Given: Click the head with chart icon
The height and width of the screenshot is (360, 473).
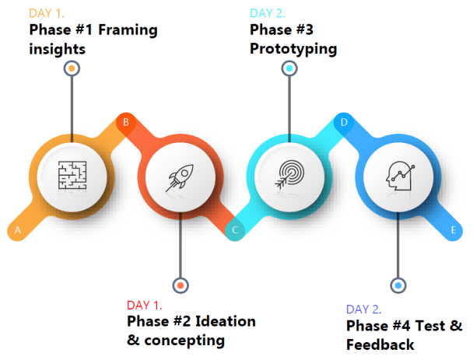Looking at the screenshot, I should (x=398, y=177).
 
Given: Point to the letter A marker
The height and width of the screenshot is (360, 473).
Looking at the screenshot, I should (x=16, y=230).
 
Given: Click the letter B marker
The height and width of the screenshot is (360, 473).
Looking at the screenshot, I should (x=125, y=122).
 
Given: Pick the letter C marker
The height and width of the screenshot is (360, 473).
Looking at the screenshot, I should (x=234, y=230).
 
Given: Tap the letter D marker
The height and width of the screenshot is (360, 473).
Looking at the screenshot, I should (x=343, y=122).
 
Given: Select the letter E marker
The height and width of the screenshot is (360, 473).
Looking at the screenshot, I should (x=453, y=230).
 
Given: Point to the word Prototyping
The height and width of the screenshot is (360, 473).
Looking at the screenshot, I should (x=293, y=49).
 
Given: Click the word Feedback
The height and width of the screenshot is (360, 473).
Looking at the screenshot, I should (x=380, y=344).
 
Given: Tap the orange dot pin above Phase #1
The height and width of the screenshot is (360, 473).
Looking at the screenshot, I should (x=72, y=68).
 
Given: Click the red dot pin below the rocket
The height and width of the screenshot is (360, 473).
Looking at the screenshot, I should (x=180, y=285).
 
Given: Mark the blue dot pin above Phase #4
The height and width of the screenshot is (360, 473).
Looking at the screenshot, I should (x=398, y=285).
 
